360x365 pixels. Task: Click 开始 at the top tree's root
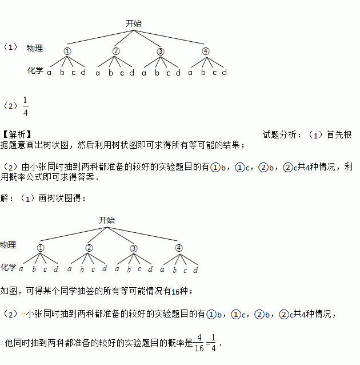(134, 23)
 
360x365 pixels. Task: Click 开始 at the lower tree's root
(106, 220)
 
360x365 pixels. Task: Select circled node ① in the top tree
(67, 51)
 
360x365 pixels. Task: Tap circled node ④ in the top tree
(206, 51)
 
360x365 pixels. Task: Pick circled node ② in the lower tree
(89, 248)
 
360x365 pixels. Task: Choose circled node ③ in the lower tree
(134, 248)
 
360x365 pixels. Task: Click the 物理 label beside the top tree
(35, 48)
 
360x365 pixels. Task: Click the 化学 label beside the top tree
(35, 71)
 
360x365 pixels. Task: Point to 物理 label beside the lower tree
(8, 245)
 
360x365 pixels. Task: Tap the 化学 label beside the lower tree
(8, 267)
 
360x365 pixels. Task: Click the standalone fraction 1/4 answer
(26, 106)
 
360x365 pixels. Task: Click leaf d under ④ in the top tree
(225, 73)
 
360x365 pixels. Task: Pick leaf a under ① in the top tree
(50, 73)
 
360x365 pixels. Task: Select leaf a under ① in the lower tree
(21, 269)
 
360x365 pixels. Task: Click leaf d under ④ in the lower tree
(195, 269)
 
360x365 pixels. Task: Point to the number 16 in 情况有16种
(175, 291)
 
